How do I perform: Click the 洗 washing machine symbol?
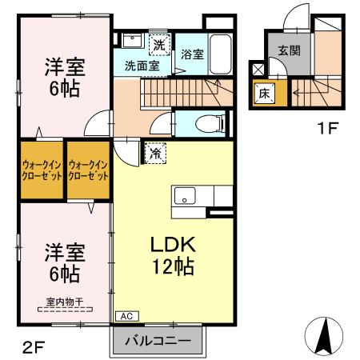(x=159, y=43)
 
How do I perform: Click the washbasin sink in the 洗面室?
(x=133, y=42)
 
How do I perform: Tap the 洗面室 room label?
(x=141, y=66)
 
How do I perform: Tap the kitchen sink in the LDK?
(x=185, y=196)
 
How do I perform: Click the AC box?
(x=125, y=315)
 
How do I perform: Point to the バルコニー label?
(x=157, y=341)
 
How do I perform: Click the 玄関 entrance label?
(x=289, y=49)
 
